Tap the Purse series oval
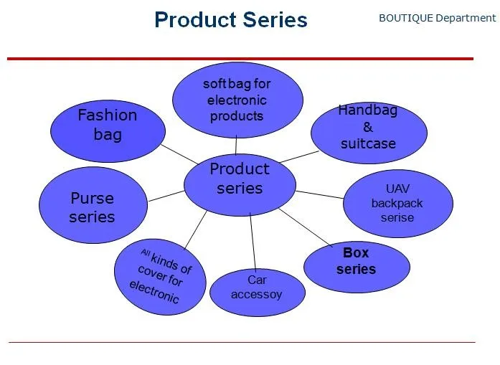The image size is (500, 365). (x=92, y=207)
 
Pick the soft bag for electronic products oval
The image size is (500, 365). (x=237, y=100)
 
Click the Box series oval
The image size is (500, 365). (x=356, y=262)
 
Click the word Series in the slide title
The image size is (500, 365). (x=276, y=19)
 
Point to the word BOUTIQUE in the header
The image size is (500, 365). (x=405, y=18)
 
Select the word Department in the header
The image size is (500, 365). (x=466, y=18)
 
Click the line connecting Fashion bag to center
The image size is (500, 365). (x=179, y=153)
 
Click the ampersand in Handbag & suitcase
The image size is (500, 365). (x=368, y=128)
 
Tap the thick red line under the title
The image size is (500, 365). (x=240, y=58)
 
